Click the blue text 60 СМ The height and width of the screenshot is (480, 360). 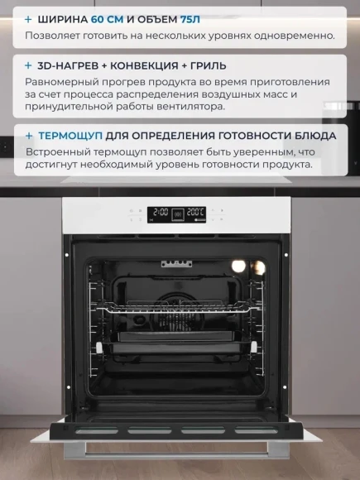107,19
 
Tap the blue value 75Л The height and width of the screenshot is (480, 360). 190,19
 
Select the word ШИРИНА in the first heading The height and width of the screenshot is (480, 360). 63,19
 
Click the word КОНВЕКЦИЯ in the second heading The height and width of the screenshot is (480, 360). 144,65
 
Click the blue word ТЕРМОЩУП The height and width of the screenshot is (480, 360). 70,136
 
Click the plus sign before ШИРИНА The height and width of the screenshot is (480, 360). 28,19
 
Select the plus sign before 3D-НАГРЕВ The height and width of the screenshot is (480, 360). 28,65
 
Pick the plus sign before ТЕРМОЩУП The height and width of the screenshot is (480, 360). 29,136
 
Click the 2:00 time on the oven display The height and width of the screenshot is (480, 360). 161,212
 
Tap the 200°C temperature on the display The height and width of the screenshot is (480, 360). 195,212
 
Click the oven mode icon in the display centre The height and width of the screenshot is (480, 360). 178,214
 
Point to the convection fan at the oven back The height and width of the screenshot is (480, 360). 175,312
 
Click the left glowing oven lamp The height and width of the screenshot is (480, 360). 238,266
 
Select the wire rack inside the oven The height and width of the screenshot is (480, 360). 179,308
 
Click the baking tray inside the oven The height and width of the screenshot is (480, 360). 177,345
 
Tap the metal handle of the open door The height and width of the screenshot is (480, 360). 176,450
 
